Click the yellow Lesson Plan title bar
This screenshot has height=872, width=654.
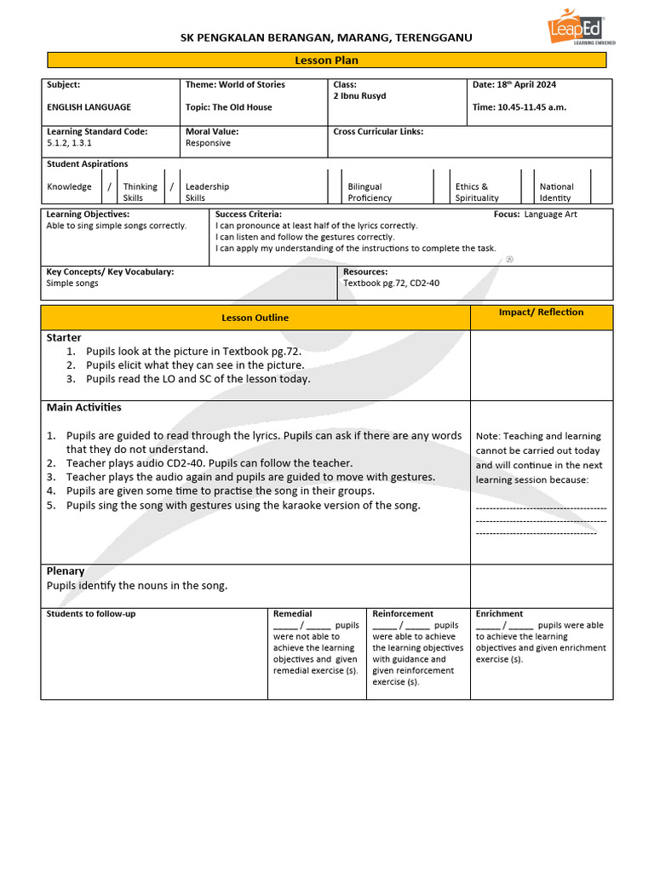(x=326, y=60)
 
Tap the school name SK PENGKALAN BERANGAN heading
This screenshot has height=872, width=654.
(x=326, y=37)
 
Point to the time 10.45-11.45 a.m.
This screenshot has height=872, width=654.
(x=519, y=107)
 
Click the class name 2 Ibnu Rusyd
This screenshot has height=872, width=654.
(x=359, y=96)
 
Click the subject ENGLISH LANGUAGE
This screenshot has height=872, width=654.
(x=89, y=107)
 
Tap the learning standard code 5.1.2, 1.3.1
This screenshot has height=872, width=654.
(x=69, y=143)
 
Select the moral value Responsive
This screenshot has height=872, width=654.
(x=208, y=143)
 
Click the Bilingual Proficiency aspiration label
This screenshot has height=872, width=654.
(x=370, y=192)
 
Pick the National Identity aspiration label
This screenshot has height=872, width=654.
(x=556, y=192)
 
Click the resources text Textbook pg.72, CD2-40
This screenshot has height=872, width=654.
(x=391, y=284)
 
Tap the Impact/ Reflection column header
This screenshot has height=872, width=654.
(x=541, y=313)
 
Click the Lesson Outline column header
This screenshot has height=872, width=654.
(x=255, y=318)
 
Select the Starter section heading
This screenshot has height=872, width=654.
(x=64, y=338)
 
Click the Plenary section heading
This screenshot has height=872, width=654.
(x=66, y=571)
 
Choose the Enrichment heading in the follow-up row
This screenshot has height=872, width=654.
(x=499, y=613)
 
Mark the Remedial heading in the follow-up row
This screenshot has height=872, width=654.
(x=292, y=613)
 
